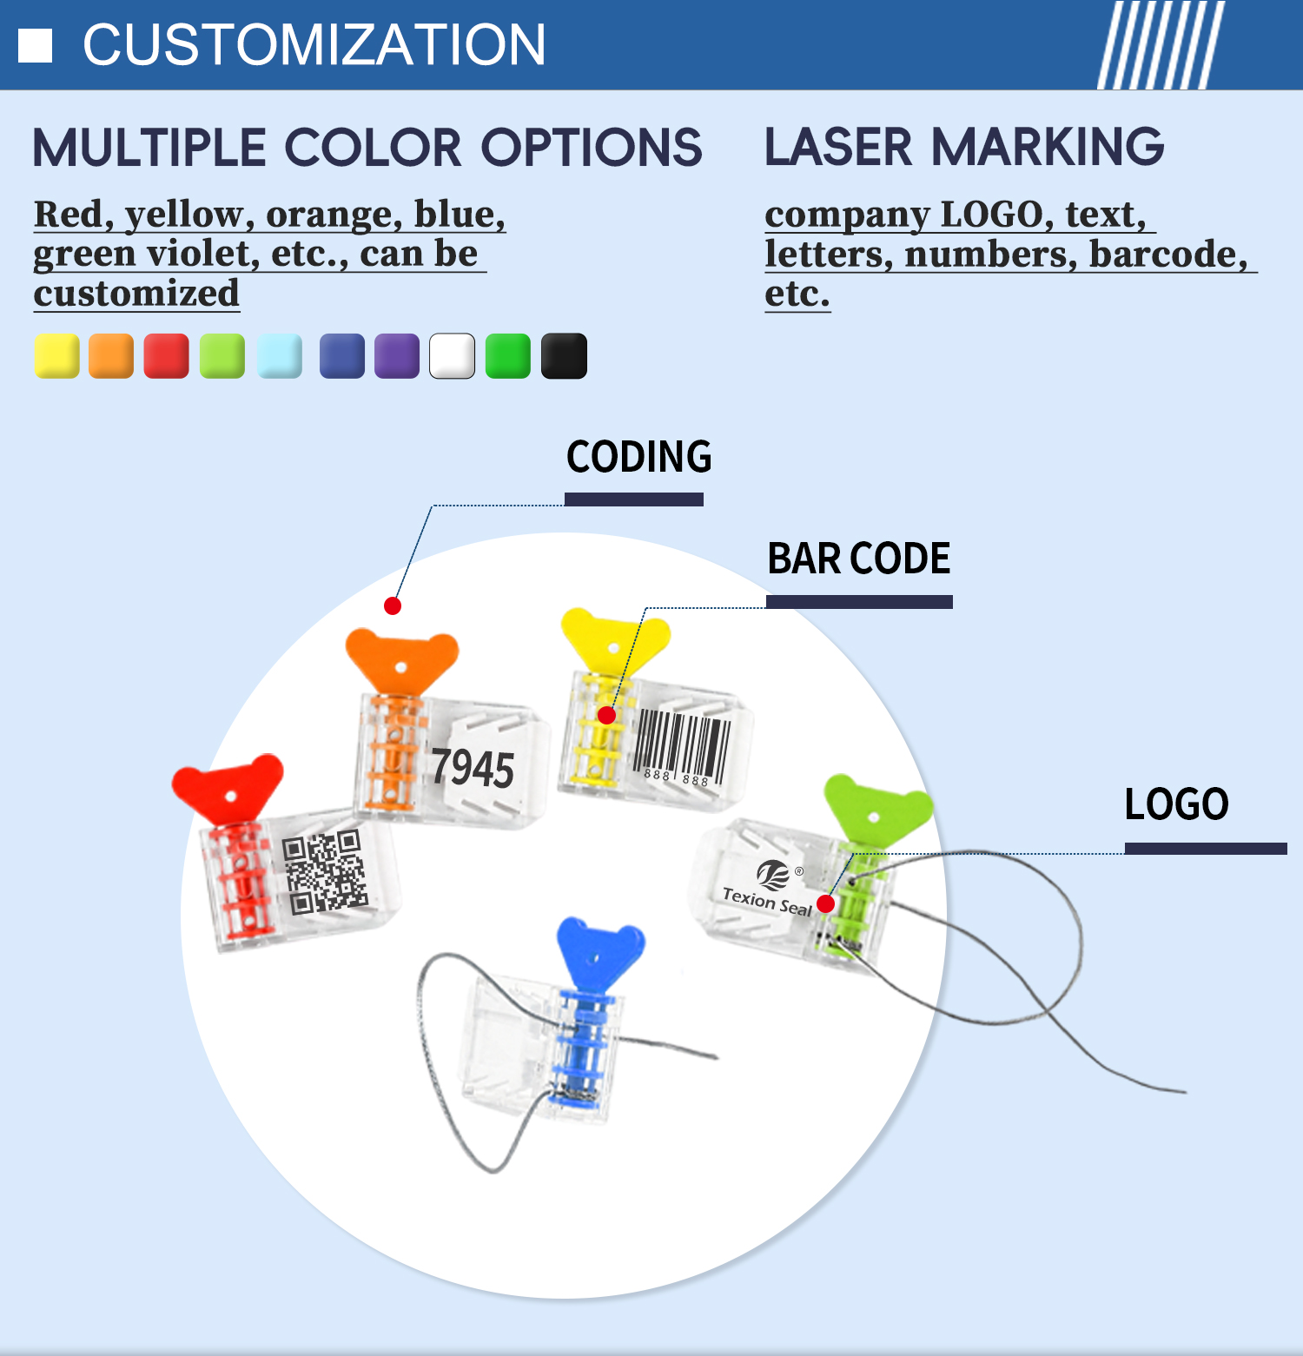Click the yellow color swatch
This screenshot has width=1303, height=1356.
click(x=56, y=356)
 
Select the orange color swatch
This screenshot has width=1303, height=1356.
click(x=111, y=356)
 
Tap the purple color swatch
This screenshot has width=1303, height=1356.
click(x=397, y=356)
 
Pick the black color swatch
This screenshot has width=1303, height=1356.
click(x=564, y=356)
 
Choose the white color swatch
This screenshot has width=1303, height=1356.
click(x=453, y=356)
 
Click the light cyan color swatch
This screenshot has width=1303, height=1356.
click(x=280, y=356)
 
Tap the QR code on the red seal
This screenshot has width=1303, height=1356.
click(x=324, y=872)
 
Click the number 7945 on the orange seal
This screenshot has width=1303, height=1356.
click(x=473, y=768)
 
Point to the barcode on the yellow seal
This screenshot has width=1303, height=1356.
click(x=683, y=748)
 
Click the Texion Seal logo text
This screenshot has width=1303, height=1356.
click(x=767, y=902)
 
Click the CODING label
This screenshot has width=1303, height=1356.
click(x=638, y=457)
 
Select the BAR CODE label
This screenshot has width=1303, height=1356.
click(x=859, y=559)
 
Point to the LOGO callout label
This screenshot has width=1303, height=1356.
click(x=1177, y=804)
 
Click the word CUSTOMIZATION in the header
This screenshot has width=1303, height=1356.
click(x=314, y=45)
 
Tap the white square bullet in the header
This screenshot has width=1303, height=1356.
click(x=36, y=46)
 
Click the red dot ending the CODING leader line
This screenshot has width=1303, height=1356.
click(x=393, y=605)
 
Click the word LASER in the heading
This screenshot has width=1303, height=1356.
click(x=839, y=147)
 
